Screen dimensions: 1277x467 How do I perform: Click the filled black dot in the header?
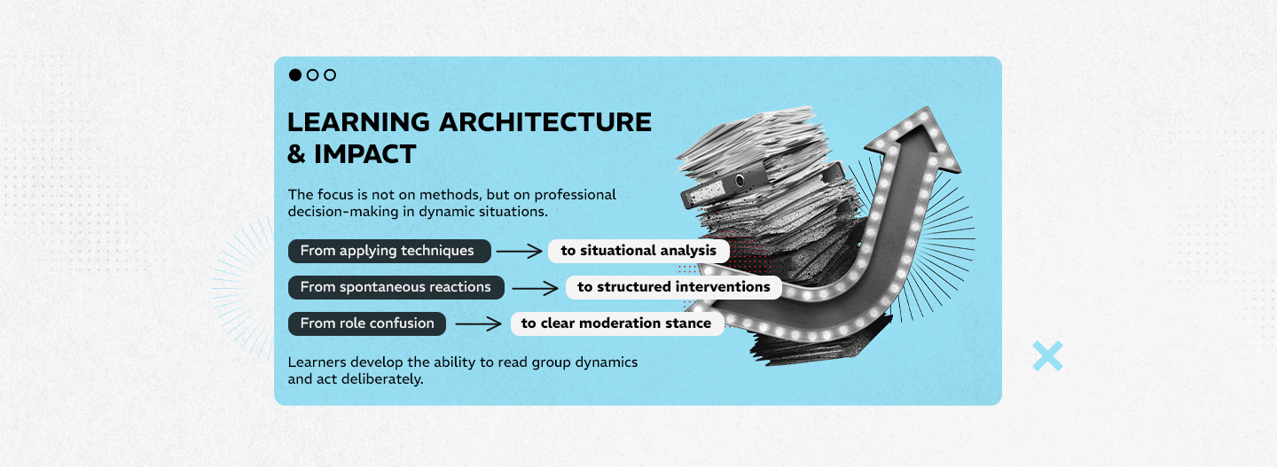[x=294, y=74]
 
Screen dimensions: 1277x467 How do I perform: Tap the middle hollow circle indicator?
[x=312, y=74]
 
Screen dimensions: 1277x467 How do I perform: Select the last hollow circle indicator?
[x=330, y=74]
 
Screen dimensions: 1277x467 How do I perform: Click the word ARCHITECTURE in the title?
[x=545, y=122]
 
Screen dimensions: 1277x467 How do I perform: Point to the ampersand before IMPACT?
[x=296, y=154]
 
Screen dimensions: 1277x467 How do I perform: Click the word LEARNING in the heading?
[x=358, y=122]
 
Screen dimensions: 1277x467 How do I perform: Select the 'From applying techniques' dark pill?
[x=389, y=251]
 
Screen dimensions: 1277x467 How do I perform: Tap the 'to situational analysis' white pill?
[x=638, y=251]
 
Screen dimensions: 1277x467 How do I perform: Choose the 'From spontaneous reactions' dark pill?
[x=396, y=287]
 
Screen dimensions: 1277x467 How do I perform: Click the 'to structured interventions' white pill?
[x=673, y=287]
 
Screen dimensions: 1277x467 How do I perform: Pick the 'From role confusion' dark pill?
[x=367, y=323]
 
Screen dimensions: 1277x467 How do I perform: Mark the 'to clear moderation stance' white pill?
[x=617, y=323]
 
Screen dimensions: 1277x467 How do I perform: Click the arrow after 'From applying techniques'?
[x=520, y=251]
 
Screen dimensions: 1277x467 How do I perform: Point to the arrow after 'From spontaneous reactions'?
[x=536, y=288]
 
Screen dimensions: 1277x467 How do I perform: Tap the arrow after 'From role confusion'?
[x=479, y=324]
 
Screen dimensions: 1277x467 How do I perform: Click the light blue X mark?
[x=1048, y=356]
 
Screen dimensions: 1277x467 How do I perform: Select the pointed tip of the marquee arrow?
[x=927, y=108]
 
